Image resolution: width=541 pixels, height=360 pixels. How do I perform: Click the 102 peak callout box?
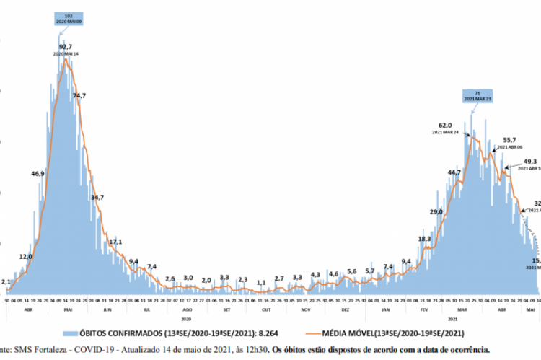click(x=68, y=18)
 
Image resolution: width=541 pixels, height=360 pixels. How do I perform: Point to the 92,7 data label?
click(x=66, y=47)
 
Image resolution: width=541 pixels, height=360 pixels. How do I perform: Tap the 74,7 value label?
click(x=79, y=95)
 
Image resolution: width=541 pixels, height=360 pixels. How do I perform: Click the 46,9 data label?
click(x=38, y=174)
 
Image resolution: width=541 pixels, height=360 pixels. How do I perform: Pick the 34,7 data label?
click(x=97, y=197)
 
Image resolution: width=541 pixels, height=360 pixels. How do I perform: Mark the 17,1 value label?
click(x=115, y=241)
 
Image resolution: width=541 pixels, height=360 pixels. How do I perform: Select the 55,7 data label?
click(x=510, y=139)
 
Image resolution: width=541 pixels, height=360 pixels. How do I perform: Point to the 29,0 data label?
click(x=436, y=211)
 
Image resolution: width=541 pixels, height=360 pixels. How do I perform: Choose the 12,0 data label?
click(x=25, y=256)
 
